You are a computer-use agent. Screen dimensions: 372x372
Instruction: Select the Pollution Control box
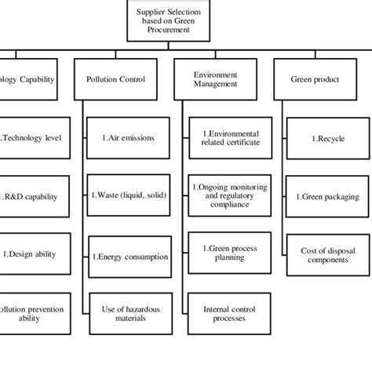(x=117, y=79)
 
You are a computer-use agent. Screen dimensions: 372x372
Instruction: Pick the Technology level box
(x=31, y=137)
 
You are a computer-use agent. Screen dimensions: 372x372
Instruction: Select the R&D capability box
(x=31, y=196)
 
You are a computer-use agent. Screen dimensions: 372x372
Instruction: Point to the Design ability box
(x=31, y=254)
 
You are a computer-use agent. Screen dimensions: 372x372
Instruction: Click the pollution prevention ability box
(x=31, y=314)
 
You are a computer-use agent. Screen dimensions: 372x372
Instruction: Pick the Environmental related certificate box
(x=220, y=137)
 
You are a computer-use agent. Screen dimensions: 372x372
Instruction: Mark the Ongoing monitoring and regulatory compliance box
(x=220, y=195)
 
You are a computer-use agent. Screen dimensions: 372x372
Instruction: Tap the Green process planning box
(x=220, y=254)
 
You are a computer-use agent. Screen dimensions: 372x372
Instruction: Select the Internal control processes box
(x=220, y=314)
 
